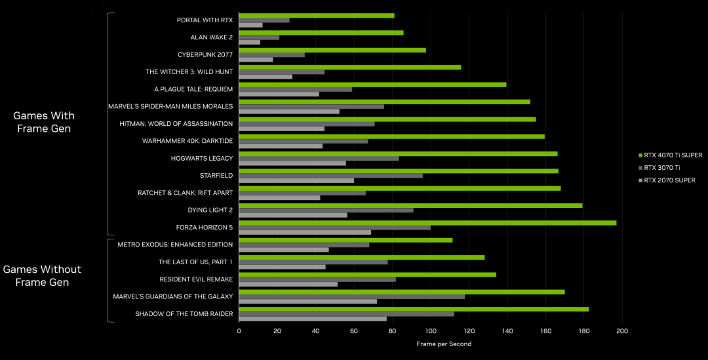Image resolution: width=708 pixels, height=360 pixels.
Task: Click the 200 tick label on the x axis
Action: (623, 331)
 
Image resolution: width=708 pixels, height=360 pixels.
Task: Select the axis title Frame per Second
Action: (444, 344)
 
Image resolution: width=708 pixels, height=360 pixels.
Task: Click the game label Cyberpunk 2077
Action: (205, 54)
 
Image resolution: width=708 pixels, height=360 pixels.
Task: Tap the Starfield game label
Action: (216, 175)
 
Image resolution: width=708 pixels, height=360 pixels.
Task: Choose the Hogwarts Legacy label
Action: (202, 158)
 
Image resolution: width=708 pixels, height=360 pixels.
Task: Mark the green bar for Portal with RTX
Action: (317, 15)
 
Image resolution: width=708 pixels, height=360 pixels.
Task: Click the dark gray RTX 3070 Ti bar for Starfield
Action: (330, 175)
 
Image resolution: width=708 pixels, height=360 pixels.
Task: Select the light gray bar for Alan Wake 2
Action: (250, 43)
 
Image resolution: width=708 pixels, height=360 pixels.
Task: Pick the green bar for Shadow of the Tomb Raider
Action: (414, 309)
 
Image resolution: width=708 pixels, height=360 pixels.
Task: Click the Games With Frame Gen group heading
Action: (44, 122)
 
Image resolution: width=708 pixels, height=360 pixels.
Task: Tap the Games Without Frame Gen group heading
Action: (42, 276)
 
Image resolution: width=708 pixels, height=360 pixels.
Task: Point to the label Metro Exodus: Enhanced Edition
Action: (175, 245)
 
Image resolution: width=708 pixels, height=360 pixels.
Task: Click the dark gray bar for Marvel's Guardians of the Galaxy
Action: (352, 296)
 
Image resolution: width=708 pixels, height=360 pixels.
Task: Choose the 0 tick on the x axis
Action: (239, 331)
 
